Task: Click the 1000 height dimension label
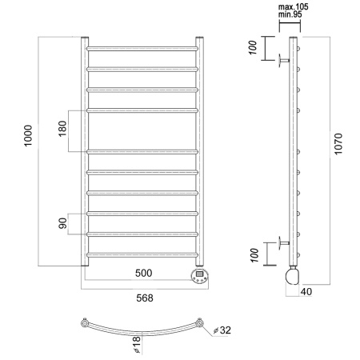[x=28, y=135]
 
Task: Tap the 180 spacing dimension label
[x=62, y=129]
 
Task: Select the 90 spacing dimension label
[x=62, y=223]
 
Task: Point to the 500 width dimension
[x=143, y=273]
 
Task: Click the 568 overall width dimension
[x=145, y=298]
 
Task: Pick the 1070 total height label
[x=338, y=144]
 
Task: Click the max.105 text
[x=294, y=6]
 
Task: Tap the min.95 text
[x=290, y=14]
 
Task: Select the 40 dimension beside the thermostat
[x=306, y=291]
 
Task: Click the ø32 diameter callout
[x=222, y=330]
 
